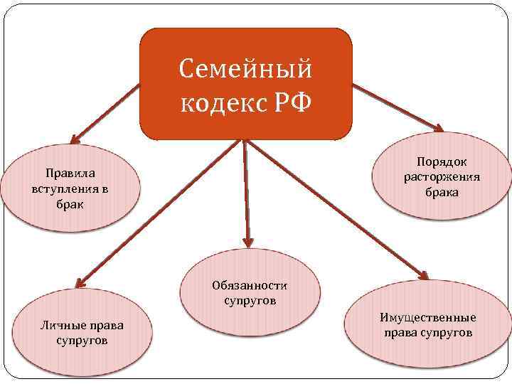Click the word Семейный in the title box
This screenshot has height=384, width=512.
point(245,70)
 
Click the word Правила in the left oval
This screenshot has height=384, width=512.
point(69,173)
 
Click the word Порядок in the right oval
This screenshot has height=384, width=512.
point(442,162)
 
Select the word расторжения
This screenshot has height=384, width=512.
point(442,177)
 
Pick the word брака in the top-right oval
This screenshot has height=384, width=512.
point(442,192)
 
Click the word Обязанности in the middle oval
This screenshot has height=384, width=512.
point(249,286)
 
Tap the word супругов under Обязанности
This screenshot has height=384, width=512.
point(250,301)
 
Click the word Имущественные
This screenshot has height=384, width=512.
point(428,318)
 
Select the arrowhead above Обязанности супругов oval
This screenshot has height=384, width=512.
point(247,240)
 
